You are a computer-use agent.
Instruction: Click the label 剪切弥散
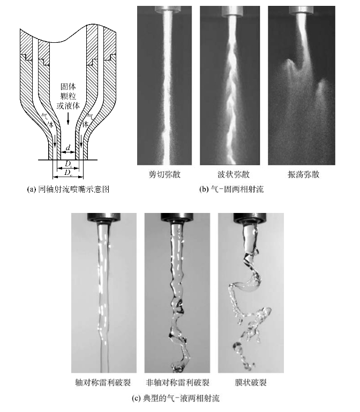click(x=164, y=174)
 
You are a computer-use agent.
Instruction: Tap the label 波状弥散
click(x=234, y=174)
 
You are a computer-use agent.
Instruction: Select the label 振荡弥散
click(x=303, y=174)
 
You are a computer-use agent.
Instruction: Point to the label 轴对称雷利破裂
click(x=103, y=382)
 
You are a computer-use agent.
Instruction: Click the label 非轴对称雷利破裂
click(x=177, y=382)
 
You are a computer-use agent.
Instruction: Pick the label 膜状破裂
click(x=251, y=382)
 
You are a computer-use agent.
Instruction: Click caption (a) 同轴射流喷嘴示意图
click(x=68, y=189)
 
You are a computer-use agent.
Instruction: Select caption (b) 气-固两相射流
click(x=231, y=189)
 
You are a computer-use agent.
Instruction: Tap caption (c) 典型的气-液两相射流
click(x=176, y=398)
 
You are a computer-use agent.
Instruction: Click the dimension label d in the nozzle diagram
click(x=68, y=148)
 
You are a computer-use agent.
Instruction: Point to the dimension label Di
click(x=68, y=164)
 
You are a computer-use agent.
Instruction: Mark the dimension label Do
click(x=68, y=173)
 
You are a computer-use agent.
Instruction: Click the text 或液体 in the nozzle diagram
click(x=68, y=105)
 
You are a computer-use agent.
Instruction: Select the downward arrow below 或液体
click(x=68, y=118)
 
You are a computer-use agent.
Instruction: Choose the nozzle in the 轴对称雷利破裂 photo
click(x=103, y=218)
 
